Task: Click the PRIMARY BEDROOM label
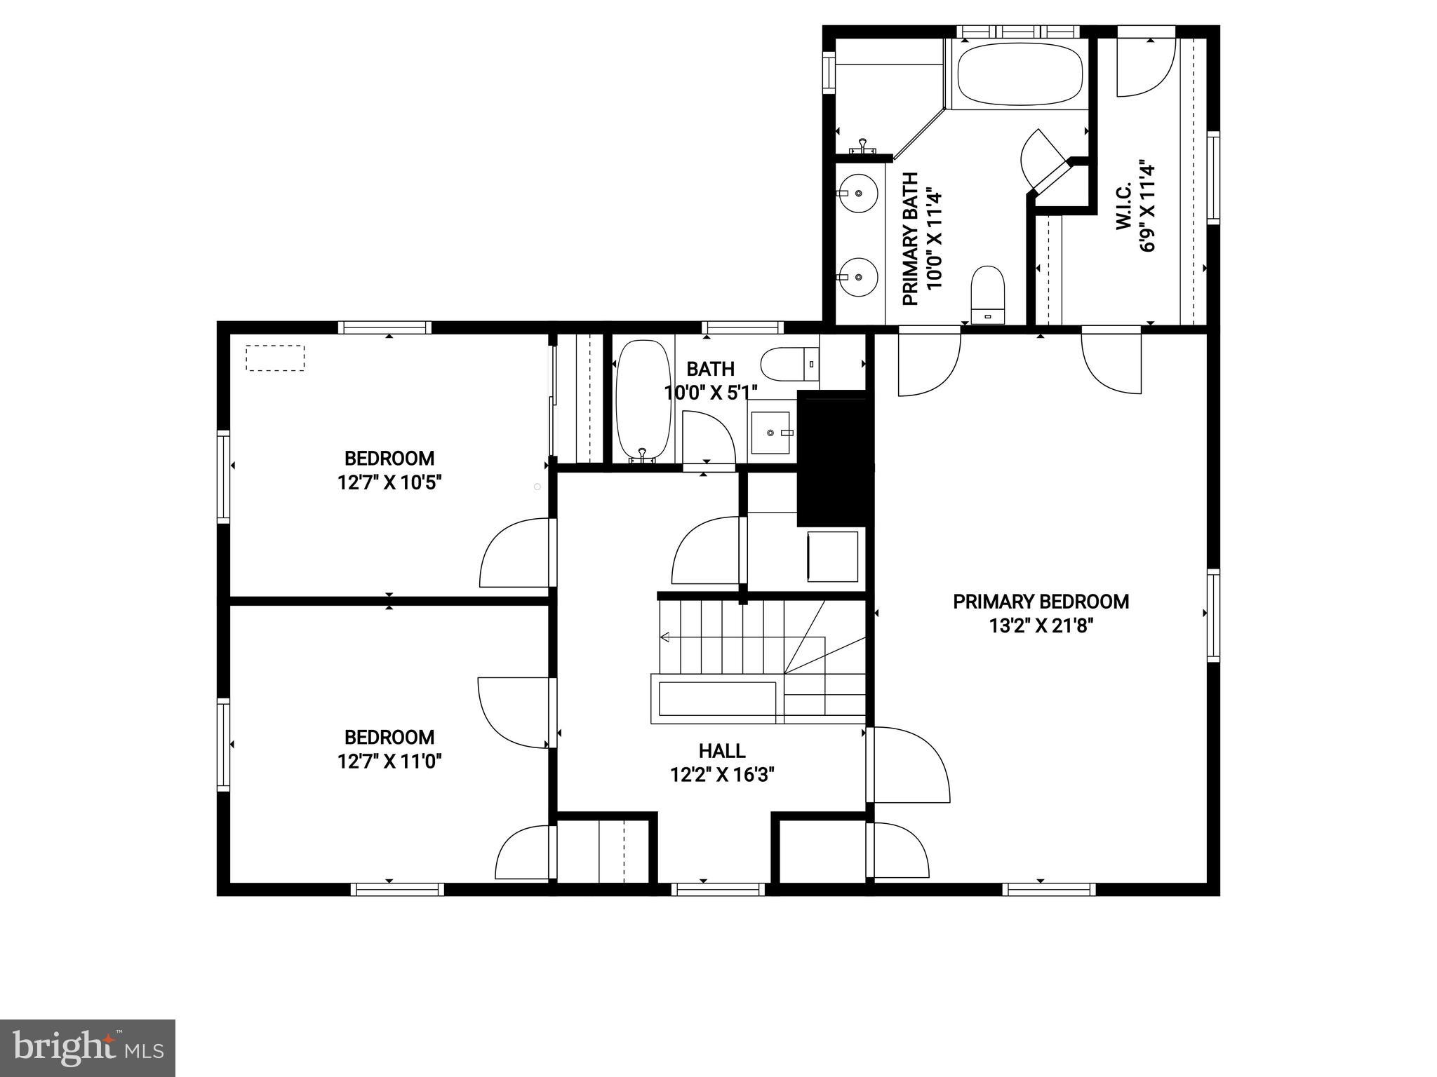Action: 1041,602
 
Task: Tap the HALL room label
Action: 721,751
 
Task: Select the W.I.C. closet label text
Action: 1123,208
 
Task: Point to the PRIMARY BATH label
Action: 910,239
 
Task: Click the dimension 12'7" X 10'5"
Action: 389,483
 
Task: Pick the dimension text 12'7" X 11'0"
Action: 389,761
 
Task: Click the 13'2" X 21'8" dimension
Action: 1041,625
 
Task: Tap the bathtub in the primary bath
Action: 1020,73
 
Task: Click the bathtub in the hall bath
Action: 643,400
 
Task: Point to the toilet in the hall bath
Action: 789,364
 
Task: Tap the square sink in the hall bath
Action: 771,433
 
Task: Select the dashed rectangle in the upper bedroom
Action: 275,358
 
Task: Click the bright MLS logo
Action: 88,1048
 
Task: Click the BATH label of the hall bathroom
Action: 710,369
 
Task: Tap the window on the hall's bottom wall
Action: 718,889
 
